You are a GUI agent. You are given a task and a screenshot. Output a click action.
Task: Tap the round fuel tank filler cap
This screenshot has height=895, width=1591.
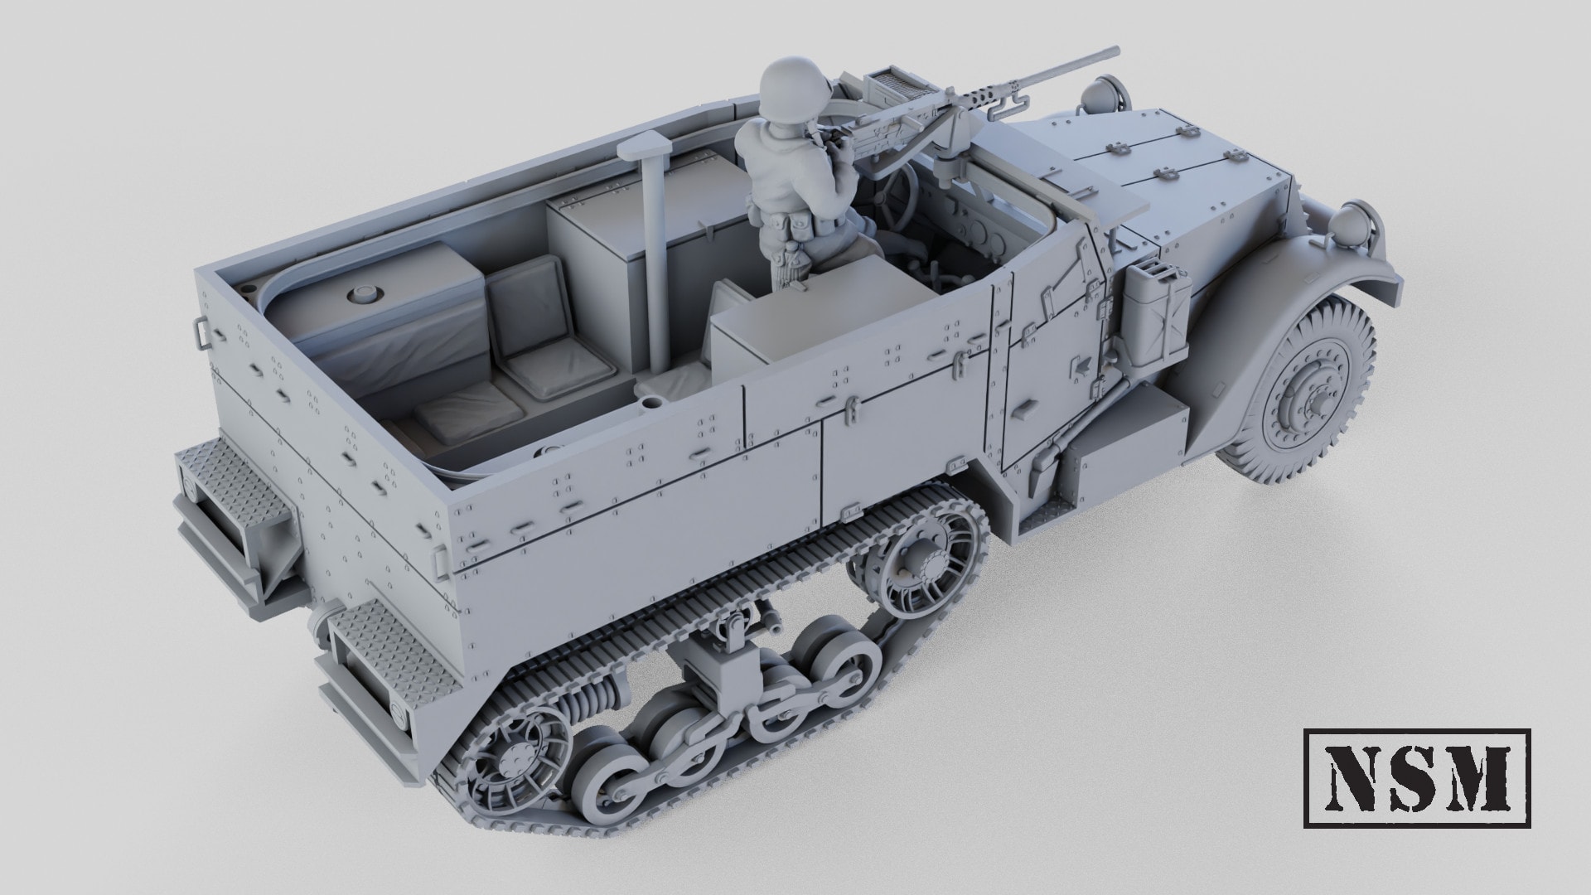point(361,294)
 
